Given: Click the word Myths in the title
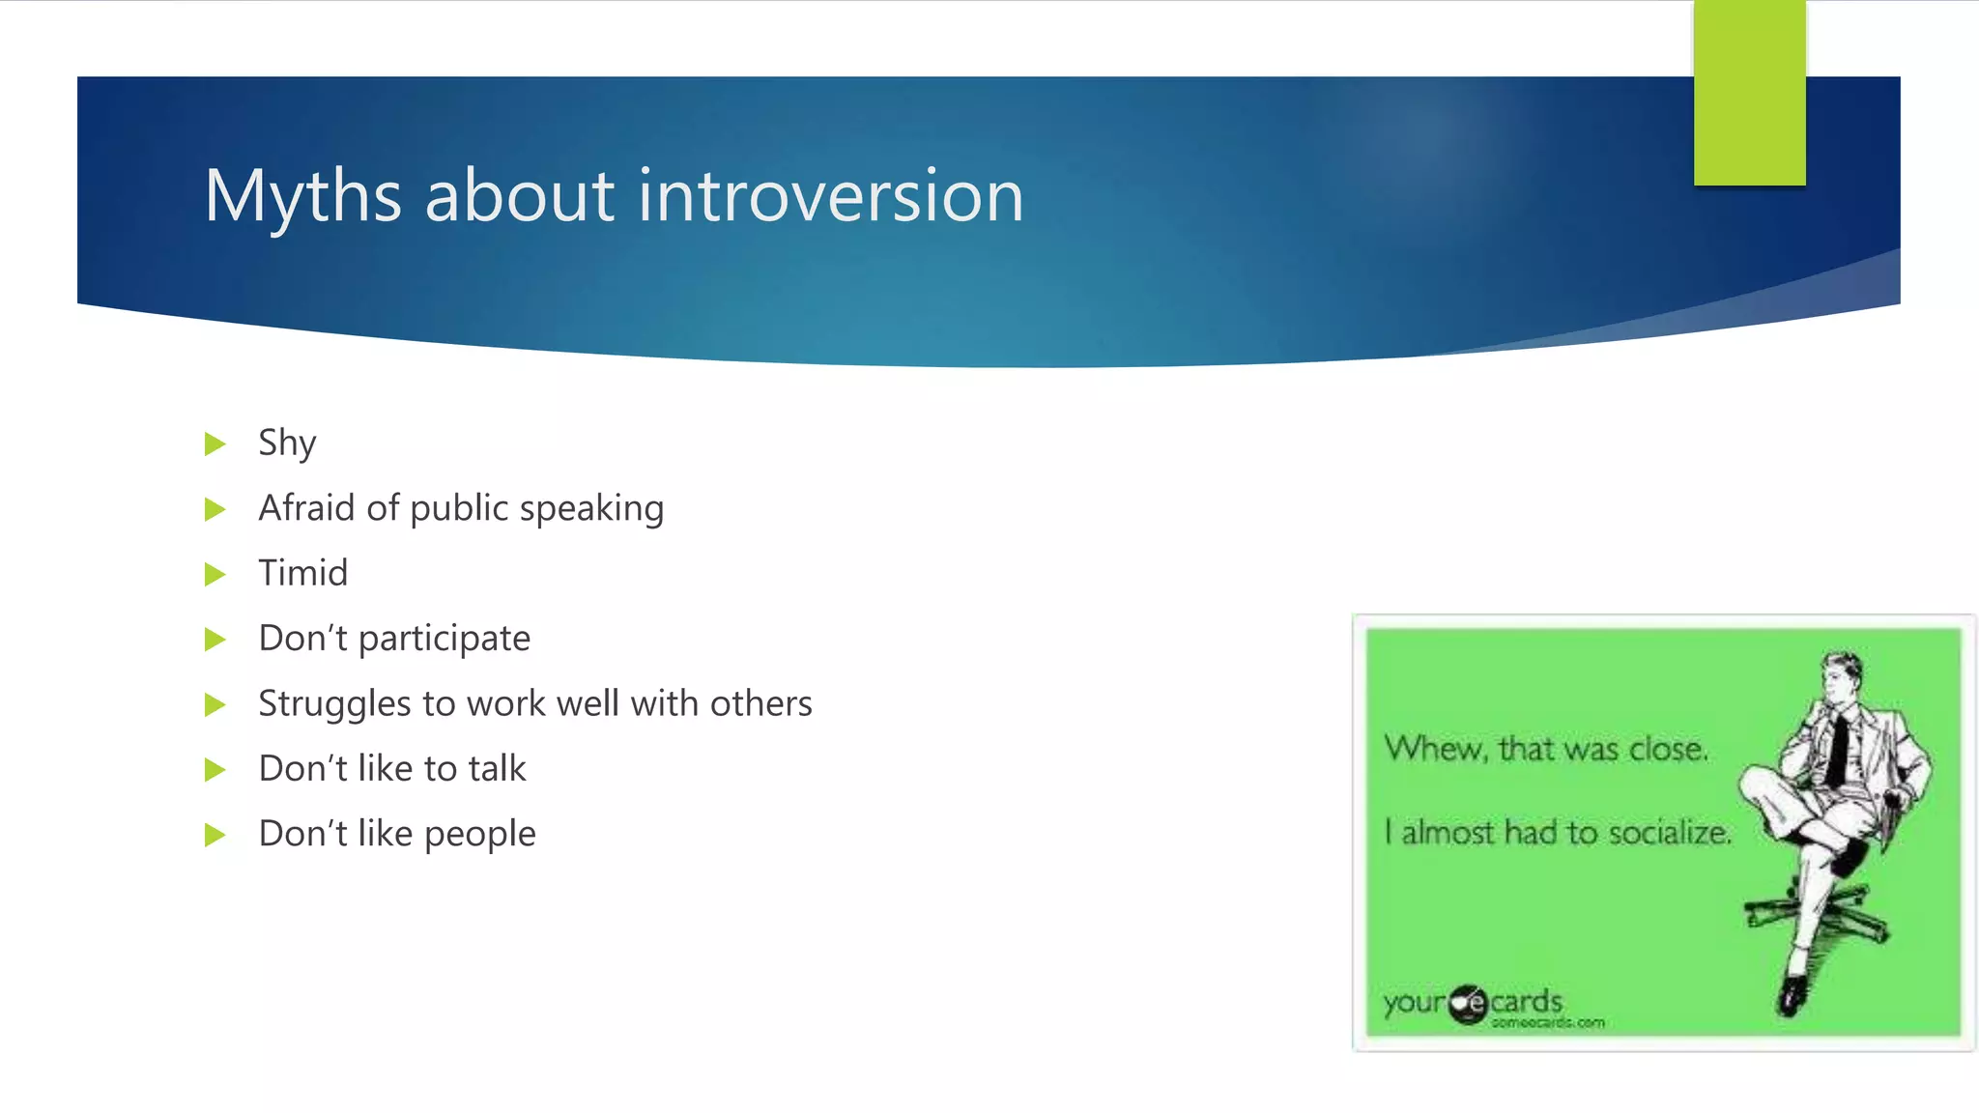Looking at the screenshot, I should [x=302, y=196].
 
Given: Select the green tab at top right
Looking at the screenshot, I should [x=1749, y=94].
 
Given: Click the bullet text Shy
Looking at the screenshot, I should [x=287, y=443].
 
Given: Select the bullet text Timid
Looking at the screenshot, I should [x=302, y=573].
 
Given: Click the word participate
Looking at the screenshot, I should [x=445, y=639].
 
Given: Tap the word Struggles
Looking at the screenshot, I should [x=334, y=703].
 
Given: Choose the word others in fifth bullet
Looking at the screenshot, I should [x=760, y=703].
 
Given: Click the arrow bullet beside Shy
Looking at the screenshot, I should [x=215, y=444].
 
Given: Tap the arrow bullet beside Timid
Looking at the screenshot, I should [x=215, y=575].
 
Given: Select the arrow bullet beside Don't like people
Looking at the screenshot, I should [x=215, y=835].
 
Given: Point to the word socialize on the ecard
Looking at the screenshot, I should [x=1670, y=832].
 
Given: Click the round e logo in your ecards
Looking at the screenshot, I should [x=1468, y=1005].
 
